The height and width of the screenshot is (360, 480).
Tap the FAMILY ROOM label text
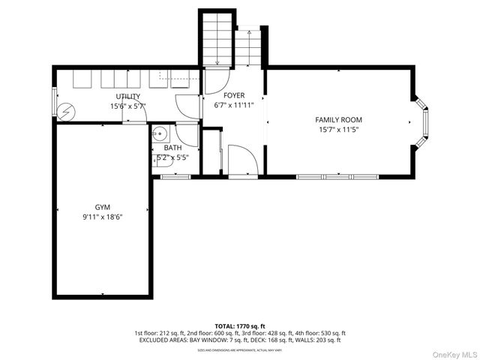(x=338, y=120)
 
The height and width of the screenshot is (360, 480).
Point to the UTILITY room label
(x=127, y=97)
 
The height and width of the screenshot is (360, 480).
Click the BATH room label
(x=172, y=148)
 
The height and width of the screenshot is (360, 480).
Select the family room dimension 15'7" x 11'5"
(x=338, y=130)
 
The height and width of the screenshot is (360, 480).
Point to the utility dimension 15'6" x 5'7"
(x=127, y=106)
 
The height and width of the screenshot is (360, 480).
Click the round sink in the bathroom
(x=159, y=134)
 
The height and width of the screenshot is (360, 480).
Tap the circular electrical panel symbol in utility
(x=66, y=110)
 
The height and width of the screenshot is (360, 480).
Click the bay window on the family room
(x=423, y=121)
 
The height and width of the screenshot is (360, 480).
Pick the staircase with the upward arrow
(x=247, y=49)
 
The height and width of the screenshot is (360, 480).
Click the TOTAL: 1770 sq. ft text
(x=240, y=326)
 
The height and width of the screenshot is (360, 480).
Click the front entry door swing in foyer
(x=242, y=159)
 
